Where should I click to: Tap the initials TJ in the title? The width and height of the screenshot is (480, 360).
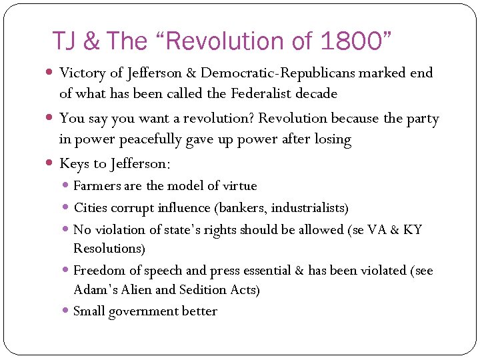pyautogui.click(x=67, y=41)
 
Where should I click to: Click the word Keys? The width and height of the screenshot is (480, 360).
pyautogui.click(x=74, y=163)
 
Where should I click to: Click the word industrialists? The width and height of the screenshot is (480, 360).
pyautogui.click(x=312, y=208)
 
